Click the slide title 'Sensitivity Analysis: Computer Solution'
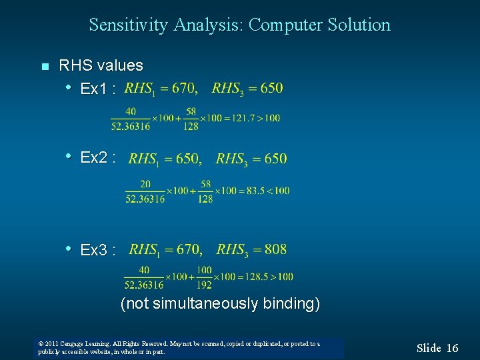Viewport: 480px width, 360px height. click(239, 25)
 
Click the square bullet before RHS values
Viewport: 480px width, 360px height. click(45, 66)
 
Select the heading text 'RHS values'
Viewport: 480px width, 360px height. click(101, 65)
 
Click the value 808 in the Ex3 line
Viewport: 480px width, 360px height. click(275, 249)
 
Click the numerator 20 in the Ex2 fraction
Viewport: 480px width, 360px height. click(145, 184)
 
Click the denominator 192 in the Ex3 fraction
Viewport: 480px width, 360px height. click(204, 285)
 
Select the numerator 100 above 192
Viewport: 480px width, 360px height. click(204, 270)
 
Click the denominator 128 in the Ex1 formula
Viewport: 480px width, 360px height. click(191, 126)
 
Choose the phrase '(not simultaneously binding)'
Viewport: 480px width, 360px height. click(220, 304)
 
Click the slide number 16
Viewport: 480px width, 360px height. click(452, 348)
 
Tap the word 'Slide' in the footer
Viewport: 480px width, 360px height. click(429, 348)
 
